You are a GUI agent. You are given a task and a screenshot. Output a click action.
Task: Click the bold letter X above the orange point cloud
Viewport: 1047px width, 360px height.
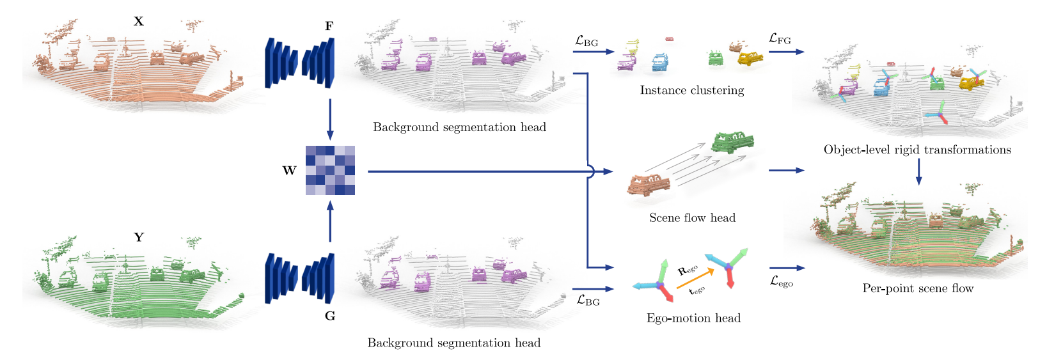(138, 21)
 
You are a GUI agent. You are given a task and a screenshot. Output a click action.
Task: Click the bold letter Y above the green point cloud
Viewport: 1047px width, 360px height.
(139, 237)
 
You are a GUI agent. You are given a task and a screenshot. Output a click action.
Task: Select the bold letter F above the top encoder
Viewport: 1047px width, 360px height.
(329, 26)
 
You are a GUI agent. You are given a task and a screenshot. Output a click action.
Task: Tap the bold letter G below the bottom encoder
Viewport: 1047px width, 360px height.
(330, 316)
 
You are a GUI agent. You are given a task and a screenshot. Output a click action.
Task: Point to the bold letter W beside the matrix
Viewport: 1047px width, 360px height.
(289, 171)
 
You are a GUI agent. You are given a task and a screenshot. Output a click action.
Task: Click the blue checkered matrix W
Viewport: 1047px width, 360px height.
(330, 171)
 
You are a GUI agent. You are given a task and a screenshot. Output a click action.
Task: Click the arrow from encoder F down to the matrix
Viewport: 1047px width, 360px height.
(330, 119)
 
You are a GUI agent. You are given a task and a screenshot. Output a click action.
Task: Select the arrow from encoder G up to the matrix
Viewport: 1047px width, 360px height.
(330, 221)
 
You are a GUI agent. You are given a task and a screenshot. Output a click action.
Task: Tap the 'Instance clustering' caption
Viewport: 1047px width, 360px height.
(692, 90)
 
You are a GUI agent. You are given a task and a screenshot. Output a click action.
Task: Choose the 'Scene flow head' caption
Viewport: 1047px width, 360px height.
(692, 218)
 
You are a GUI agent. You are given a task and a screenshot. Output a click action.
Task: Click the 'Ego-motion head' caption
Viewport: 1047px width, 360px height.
(693, 318)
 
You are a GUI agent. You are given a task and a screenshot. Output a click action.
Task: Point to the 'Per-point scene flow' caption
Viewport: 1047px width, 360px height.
(918, 288)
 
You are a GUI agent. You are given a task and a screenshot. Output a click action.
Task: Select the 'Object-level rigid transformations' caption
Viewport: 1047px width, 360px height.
(917, 150)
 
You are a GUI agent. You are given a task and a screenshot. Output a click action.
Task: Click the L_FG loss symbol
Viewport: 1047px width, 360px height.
(780, 39)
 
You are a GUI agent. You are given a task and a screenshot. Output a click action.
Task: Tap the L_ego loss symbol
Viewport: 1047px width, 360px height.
(782, 281)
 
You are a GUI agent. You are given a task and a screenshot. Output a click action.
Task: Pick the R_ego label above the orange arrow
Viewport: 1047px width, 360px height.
(687, 270)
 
